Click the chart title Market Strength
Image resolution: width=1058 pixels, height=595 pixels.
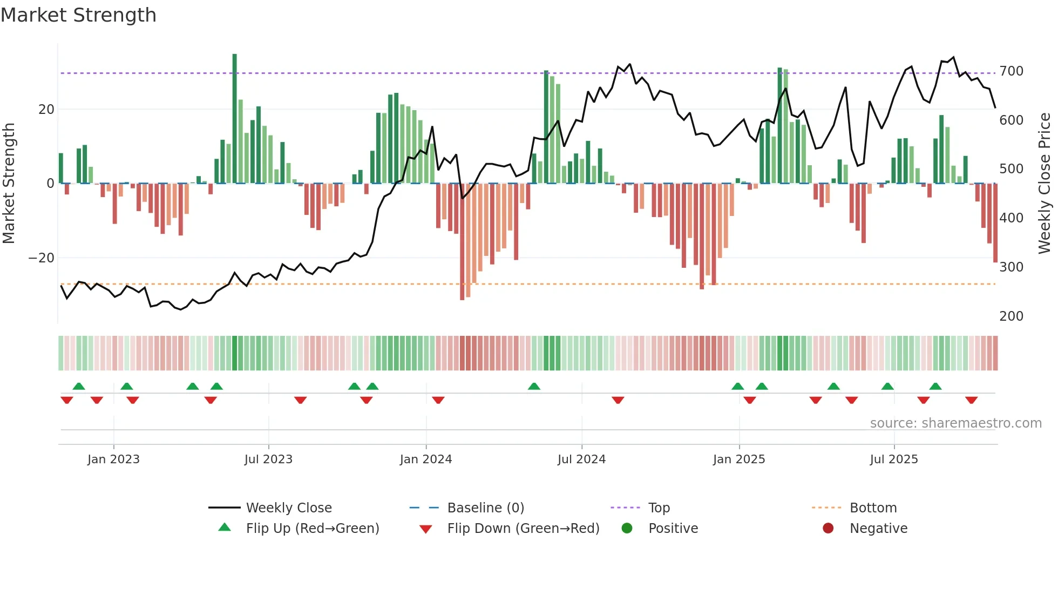(78, 15)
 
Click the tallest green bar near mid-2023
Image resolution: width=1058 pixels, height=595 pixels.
(235, 119)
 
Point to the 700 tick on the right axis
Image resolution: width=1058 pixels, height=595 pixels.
(1011, 71)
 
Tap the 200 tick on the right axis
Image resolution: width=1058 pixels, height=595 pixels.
(1011, 316)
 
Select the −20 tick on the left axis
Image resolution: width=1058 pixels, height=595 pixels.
(42, 258)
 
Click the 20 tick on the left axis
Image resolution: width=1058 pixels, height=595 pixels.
(46, 110)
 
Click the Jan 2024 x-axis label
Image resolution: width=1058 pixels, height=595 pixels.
(426, 459)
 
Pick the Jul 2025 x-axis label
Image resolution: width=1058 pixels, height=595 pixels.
(894, 459)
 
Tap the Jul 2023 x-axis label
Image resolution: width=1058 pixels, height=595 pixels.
(268, 459)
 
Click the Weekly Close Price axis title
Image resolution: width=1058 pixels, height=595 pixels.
(1045, 184)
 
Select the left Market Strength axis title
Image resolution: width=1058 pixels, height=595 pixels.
(9, 184)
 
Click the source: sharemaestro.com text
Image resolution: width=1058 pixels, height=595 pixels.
(955, 423)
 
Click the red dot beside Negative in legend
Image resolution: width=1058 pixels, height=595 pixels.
(828, 529)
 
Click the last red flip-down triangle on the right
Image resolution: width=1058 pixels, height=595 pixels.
(972, 400)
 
